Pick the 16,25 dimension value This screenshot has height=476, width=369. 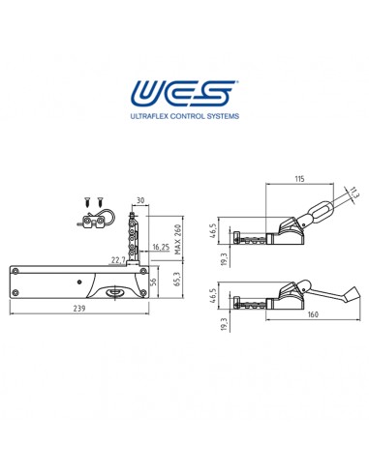coord(162,248)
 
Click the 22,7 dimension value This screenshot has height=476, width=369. coord(118,259)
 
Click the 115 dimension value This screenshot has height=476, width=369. coord(298,180)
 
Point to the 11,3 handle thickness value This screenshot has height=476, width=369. coord(353,194)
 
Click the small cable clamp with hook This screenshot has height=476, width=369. coord(94,221)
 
